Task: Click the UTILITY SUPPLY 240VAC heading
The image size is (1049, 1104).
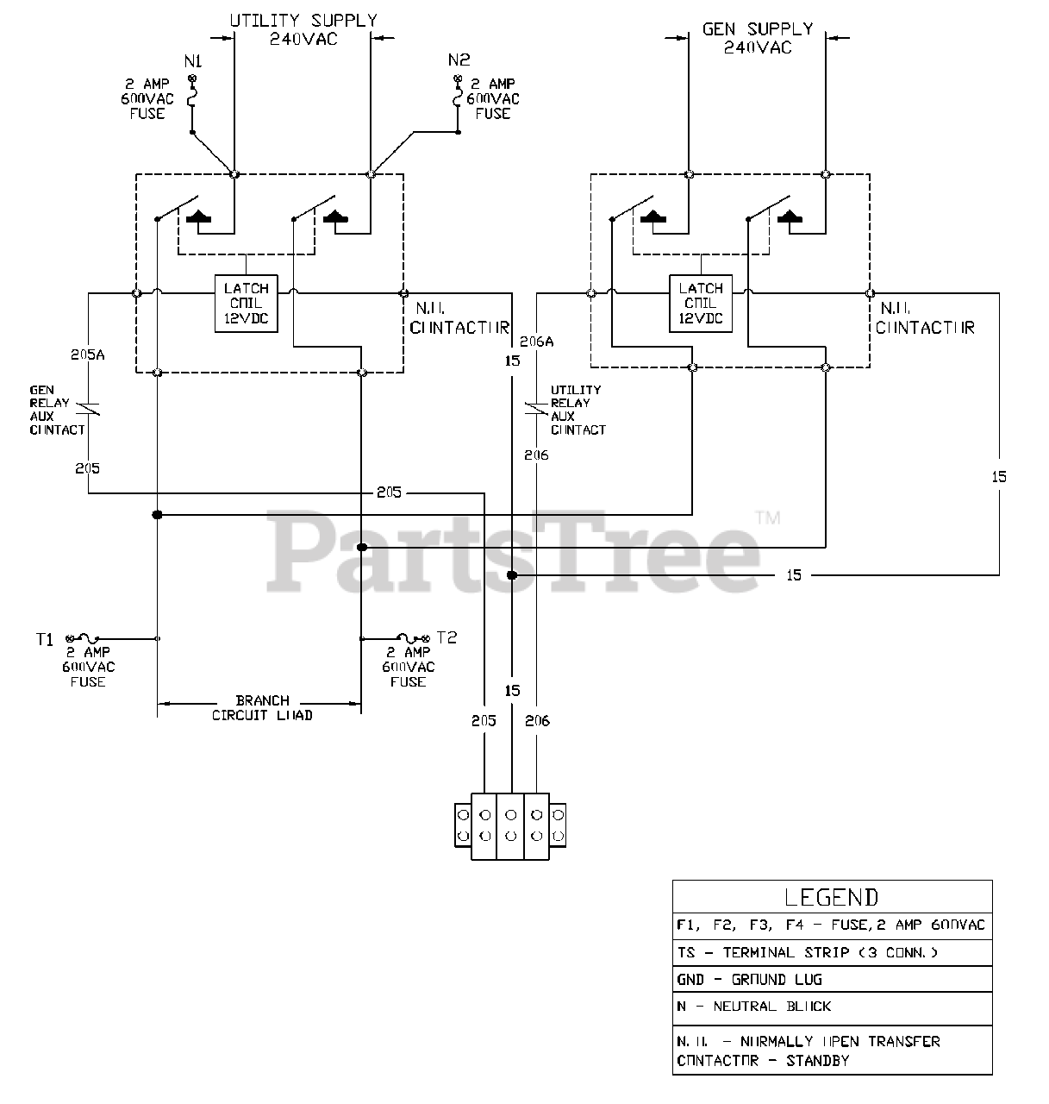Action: (x=303, y=29)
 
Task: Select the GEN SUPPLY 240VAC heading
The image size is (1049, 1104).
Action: (x=757, y=38)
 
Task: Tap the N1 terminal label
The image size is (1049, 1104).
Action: (x=193, y=61)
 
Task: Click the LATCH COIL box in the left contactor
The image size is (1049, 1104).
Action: (x=247, y=304)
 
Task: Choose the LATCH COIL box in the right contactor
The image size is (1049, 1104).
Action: (x=701, y=304)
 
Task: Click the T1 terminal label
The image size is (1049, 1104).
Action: (x=45, y=639)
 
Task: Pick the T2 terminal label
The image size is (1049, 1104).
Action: (x=446, y=637)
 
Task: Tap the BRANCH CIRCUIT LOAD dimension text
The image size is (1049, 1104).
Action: (x=262, y=708)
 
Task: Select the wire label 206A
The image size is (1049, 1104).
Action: (x=537, y=342)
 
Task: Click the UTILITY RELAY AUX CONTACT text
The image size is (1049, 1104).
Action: (x=577, y=410)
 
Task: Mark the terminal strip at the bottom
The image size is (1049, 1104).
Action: (x=510, y=826)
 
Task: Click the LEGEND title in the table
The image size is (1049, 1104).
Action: (x=832, y=897)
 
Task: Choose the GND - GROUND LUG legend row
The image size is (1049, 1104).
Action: (x=749, y=980)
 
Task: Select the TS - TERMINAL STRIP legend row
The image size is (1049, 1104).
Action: (x=807, y=953)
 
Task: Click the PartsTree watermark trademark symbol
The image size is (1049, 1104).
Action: (x=767, y=518)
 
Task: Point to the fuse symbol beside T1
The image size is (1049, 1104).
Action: (x=87, y=638)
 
